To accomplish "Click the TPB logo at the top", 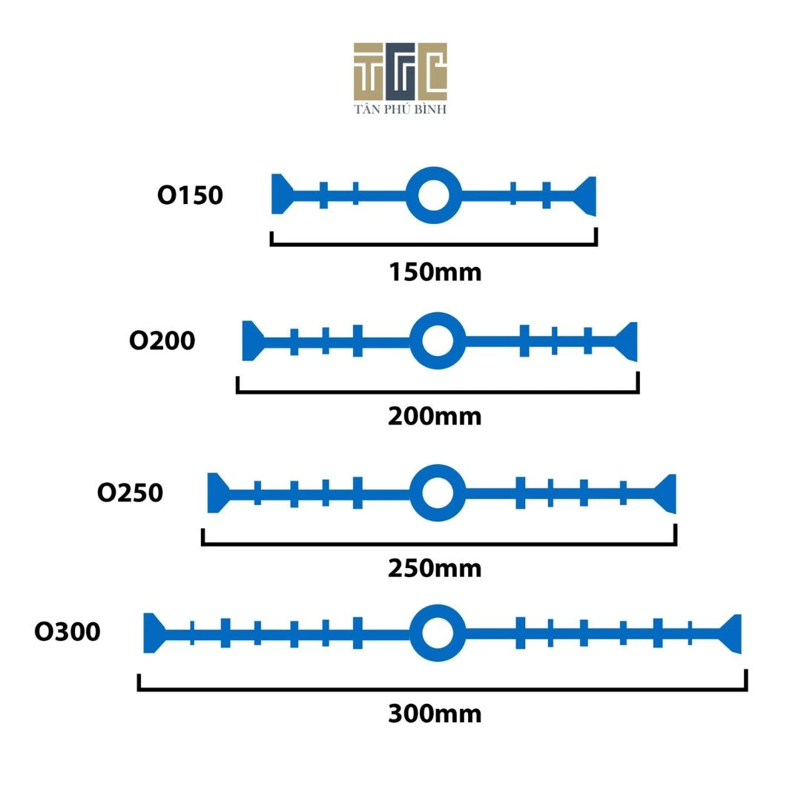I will tap(400, 71).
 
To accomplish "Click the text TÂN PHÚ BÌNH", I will tap(400, 109).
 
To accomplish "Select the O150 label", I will tap(190, 196).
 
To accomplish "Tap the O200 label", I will tap(162, 341).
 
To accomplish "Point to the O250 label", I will tap(130, 493).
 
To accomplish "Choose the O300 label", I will tap(67, 633).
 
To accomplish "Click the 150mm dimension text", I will tap(435, 272).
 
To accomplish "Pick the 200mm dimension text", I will tap(435, 417).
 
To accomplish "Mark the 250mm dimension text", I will tap(435, 569).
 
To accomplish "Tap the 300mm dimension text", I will tap(435, 713).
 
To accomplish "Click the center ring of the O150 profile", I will tap(434, 196).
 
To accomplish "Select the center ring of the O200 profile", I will tap(437, 341).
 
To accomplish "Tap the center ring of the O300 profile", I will tap(437, 633).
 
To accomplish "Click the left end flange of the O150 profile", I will tap(280, 194).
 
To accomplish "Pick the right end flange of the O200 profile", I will tap(628, 341).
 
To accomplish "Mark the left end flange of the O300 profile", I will tap(152, 633).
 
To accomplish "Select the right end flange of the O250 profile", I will tap(667, 492).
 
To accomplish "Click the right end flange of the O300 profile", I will tap(733, 633).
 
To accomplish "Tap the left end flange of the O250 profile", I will tap(216, 492).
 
